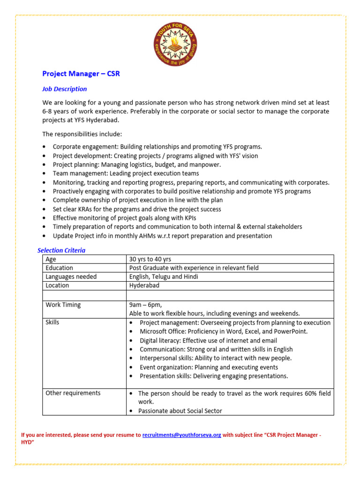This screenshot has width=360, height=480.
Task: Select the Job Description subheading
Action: coord(65,89)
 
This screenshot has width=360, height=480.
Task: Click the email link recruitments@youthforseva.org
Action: coord(181,435)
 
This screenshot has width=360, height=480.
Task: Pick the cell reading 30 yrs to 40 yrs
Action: coord(150,259)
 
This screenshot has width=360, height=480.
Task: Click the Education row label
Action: coord(59,268)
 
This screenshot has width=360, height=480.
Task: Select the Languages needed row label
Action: coord(71,277)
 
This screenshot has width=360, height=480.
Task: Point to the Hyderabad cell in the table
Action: coord(144,285)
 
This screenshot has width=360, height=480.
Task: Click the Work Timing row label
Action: coord(63,305)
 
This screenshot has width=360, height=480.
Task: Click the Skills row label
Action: coord(52,322)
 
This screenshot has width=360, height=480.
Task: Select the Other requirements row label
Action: coord(73,393)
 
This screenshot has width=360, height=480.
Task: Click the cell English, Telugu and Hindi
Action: coord(164,277)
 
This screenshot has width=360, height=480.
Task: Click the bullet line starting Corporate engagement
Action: coord(157,147)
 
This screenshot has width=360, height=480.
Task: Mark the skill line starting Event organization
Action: coord(209,367)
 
